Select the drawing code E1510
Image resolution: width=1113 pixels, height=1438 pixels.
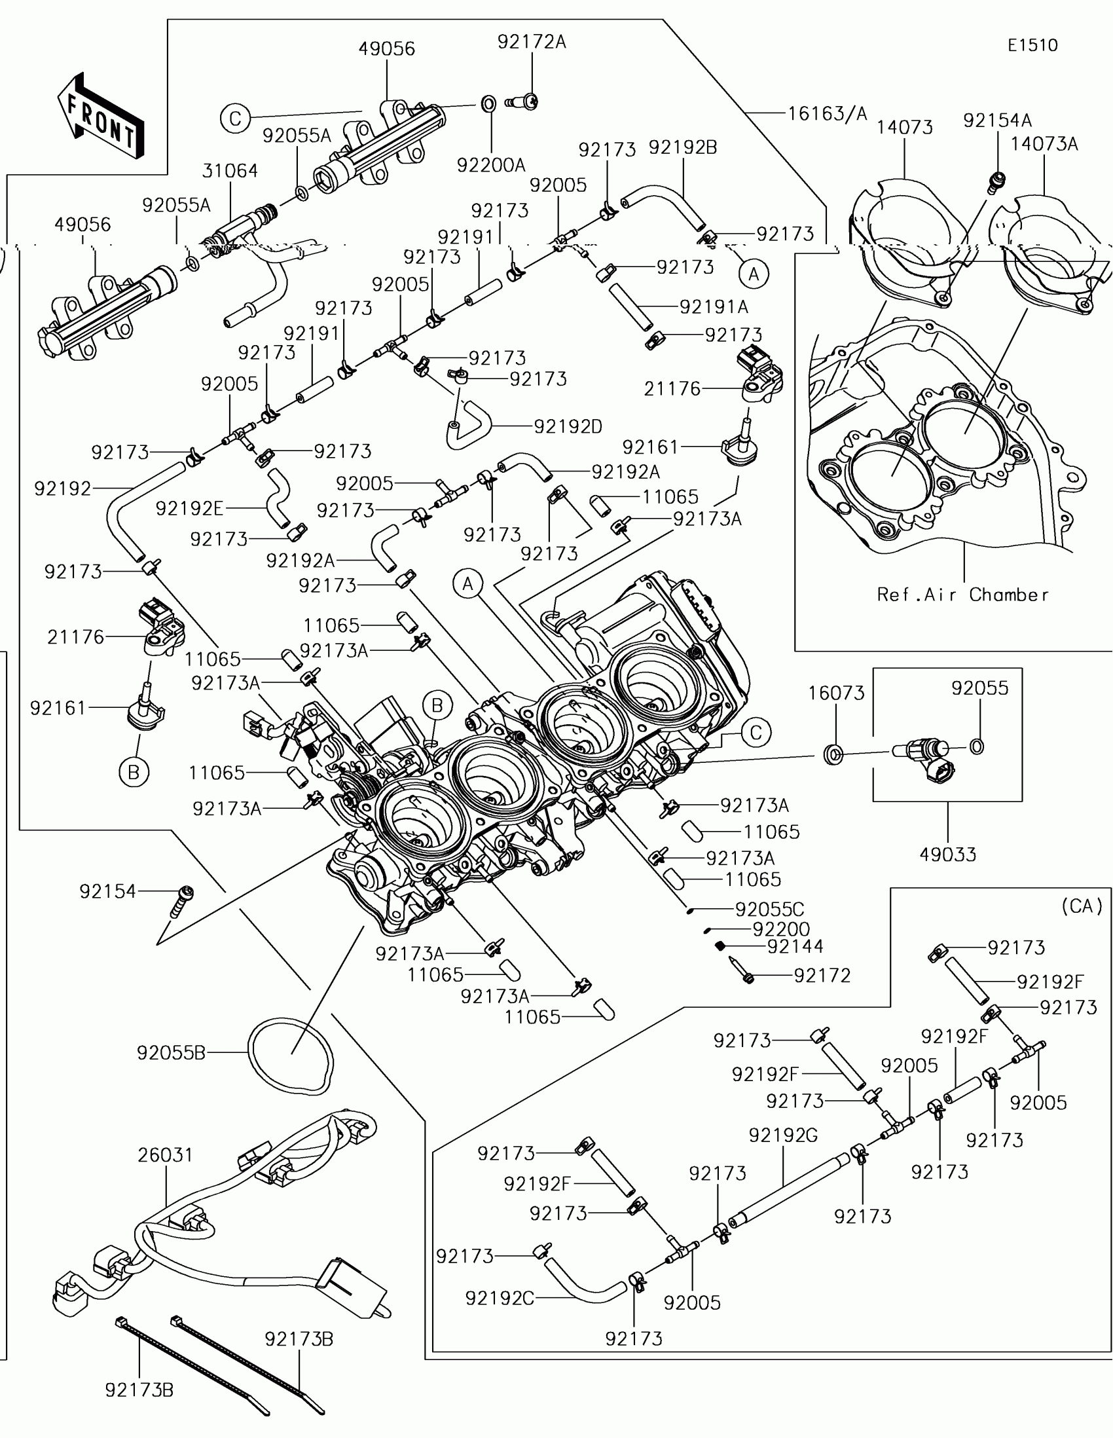click(x=1032, y=45)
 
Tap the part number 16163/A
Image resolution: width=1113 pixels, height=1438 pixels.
click(x=828, y=114)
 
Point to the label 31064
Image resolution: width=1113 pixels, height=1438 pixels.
click(x=230, y=170)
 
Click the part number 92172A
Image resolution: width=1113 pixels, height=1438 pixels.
click(x=531, y=42)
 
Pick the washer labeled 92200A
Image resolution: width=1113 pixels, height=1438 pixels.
click(x=487, y=104)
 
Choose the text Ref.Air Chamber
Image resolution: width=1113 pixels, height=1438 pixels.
click(x=962, y=595)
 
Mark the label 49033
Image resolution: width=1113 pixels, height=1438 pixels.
click(x=947, y=855)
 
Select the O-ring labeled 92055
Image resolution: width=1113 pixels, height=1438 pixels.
click(x=977, y=747)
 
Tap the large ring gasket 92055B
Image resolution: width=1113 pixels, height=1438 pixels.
click(x=290, y=1056)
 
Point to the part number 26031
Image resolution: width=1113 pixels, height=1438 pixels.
click(x=165, y=1155)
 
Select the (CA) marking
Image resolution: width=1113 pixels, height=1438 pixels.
click(x=1082, y=907)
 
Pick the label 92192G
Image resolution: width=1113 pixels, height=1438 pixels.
click(x=782, y=1135)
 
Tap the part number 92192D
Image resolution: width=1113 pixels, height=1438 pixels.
click(x=568, y=427)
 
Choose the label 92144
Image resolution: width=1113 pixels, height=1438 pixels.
click(x=795, y=946)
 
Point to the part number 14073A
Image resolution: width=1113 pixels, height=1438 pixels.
click(x=1044, y=143)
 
